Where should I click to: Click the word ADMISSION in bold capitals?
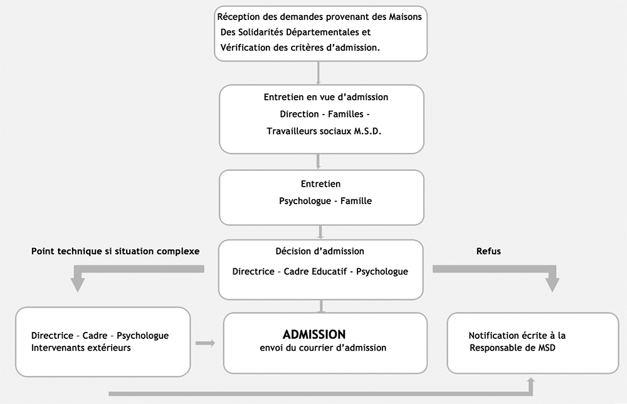[x=314, y=334]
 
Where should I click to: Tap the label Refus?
[x=488, y=251]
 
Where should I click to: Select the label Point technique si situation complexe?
[x=115, y=251]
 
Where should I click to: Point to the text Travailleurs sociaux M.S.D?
[x=324, y=131]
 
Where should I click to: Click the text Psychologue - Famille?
[x=325, y=201]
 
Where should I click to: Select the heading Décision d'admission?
[x=320, y=251]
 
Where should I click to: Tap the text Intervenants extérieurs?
[x=81, y=348]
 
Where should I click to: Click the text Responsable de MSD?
[x=512, y=348]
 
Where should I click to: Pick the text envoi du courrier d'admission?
[x=323, y=348]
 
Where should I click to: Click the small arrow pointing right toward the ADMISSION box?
[x=205, y=343]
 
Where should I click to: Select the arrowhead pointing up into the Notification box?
[x=531, y=382]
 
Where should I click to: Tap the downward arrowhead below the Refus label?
[x=552, y=284]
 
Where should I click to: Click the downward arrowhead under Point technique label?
[x=78, y=284]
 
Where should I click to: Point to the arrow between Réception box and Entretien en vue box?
[x=319, y=73]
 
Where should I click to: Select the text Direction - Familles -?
[x=324, y=114]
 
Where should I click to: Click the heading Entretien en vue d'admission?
[x=326, y=97]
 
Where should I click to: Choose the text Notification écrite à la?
[x=517, y=336]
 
